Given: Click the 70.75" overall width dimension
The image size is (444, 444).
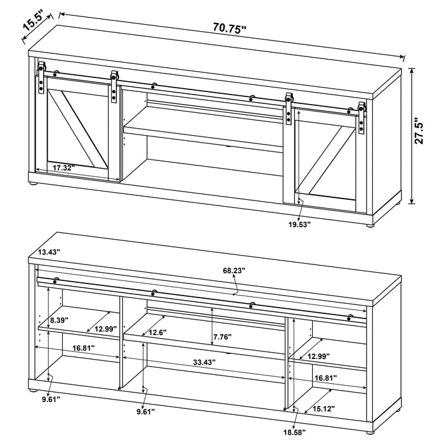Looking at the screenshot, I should [x=230, y=27].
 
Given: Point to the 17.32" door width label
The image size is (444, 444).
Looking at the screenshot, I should [x=63, y=168].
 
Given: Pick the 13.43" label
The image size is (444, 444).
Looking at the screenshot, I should [x=49, y=252].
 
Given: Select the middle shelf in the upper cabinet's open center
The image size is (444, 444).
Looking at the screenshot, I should [x=203, y=136].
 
